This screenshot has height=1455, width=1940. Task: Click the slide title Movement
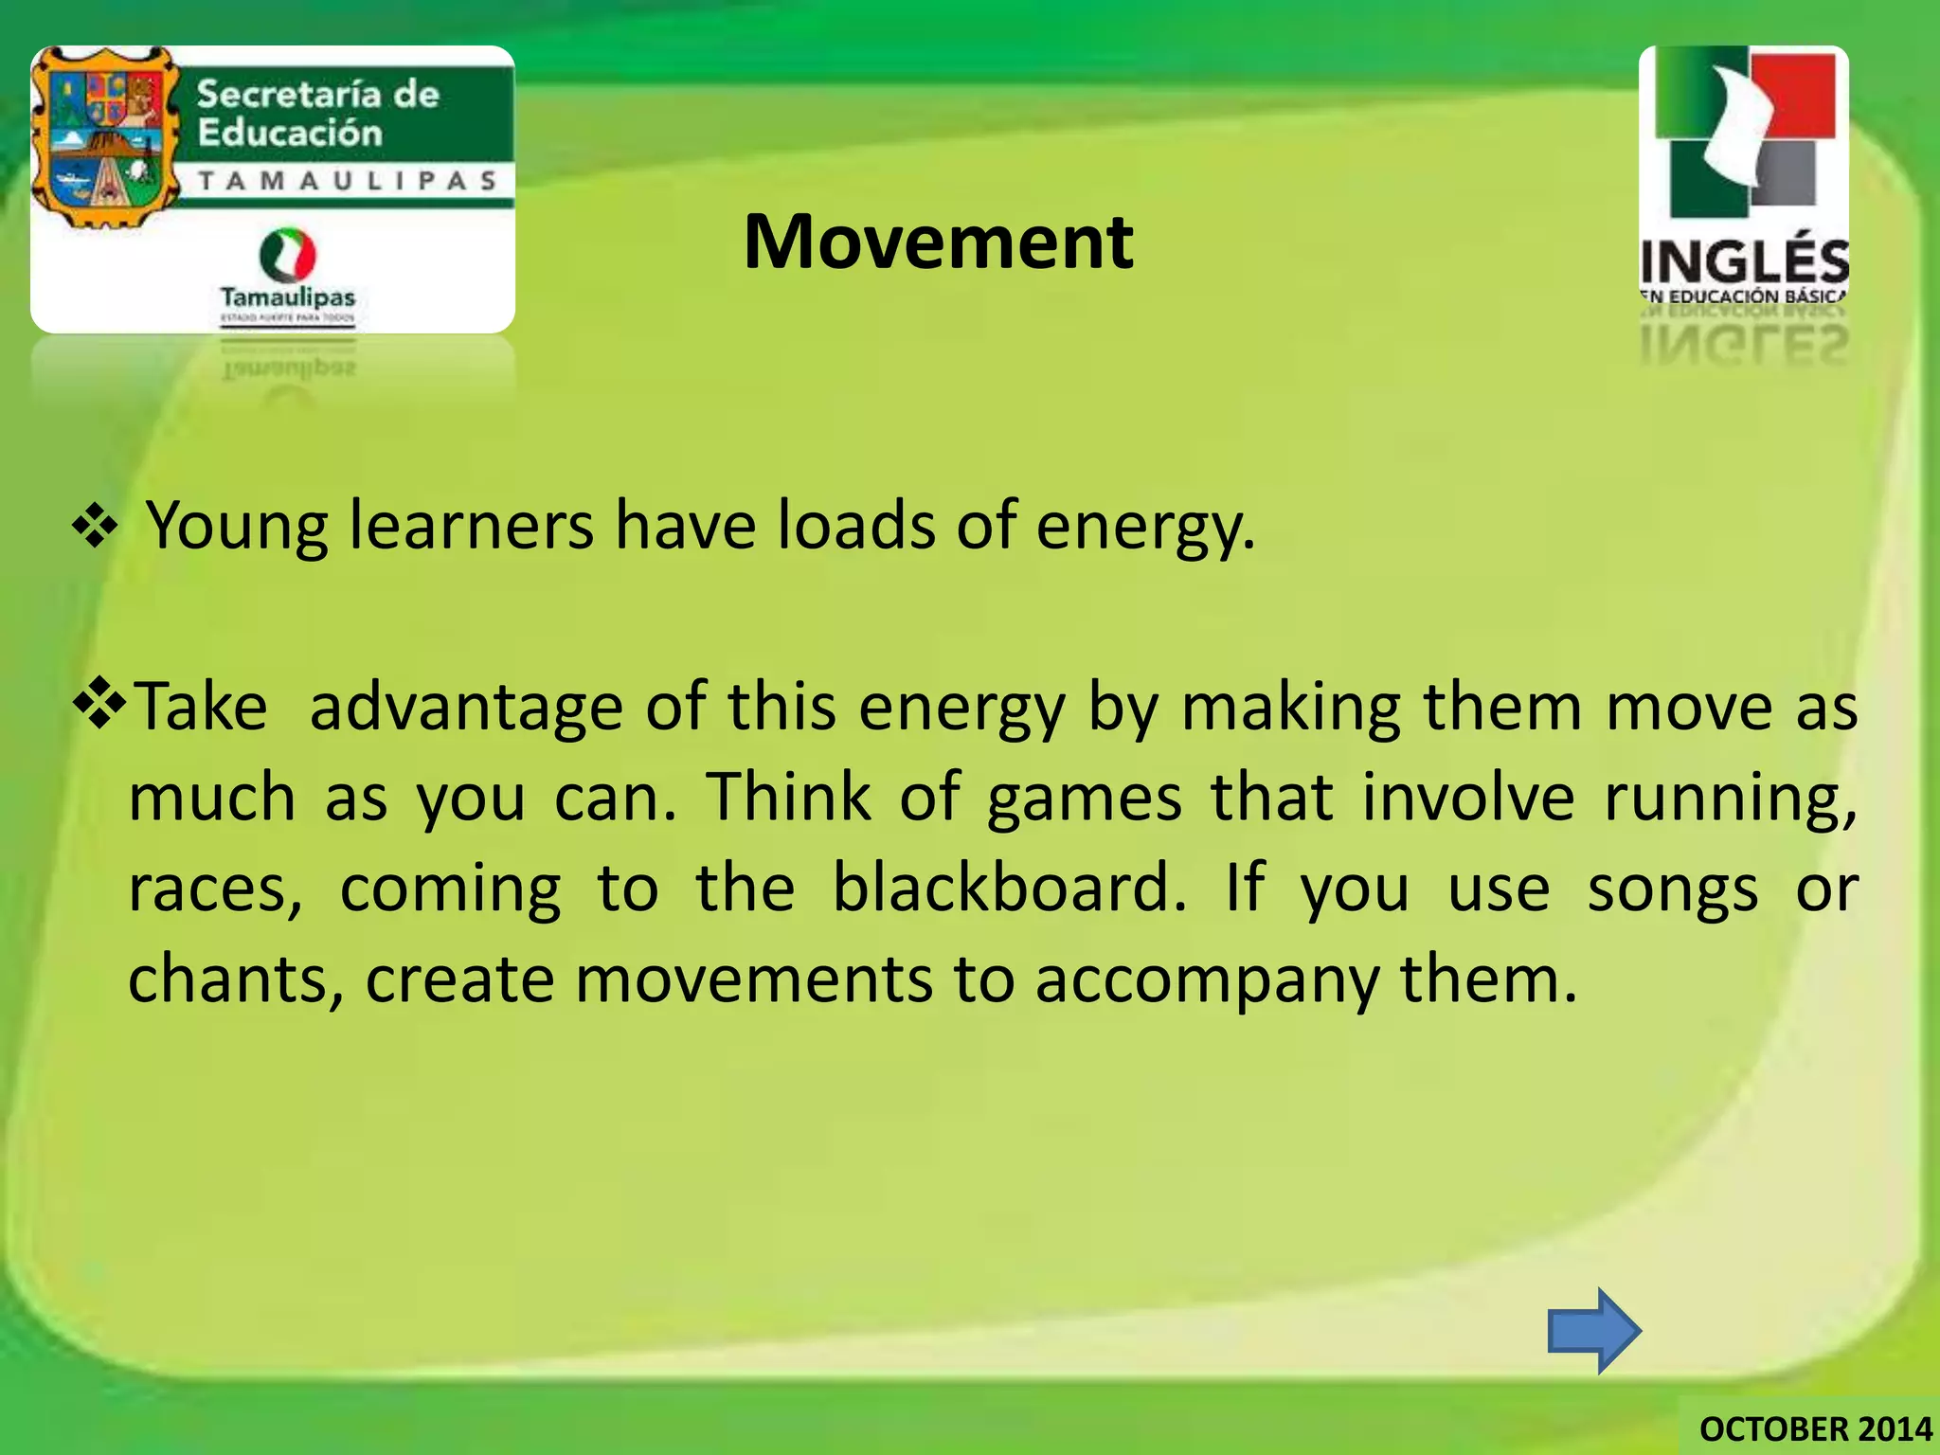click(x=938, y=242)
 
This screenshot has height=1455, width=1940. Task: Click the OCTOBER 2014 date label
click(x=1815, y=1428)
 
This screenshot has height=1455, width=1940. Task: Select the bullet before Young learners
click(x=95, y=528)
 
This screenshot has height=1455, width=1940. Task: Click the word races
click(x=216, y=889)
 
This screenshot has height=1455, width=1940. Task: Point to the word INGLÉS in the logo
click(x=1744, y=261)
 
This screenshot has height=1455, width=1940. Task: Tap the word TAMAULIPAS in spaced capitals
click(x=348, y=181)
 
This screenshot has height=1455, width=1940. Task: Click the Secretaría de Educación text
click(x=317, y=113)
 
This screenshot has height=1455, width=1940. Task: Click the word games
click(x=1084, y=798)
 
